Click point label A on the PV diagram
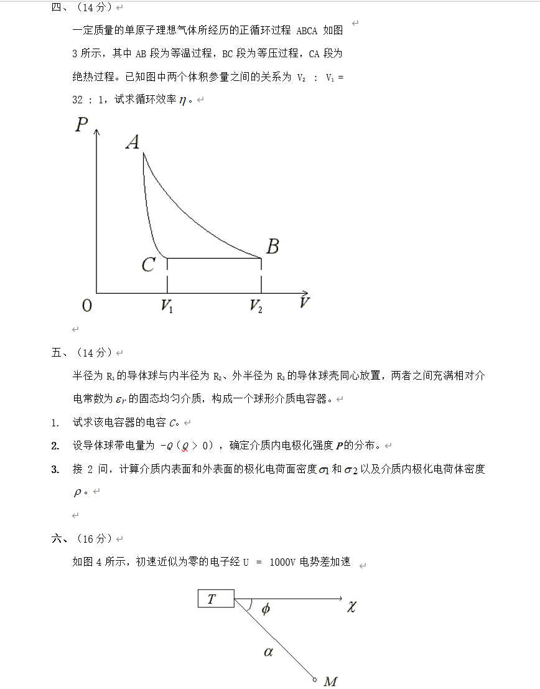[133, 143]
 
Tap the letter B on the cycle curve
[272, 247]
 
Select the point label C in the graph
[148, 265]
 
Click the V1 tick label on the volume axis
[167, 306]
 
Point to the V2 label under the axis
[256, 306]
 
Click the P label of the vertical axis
[81, 125]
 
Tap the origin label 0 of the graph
[87, 306]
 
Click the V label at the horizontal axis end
[304, 303]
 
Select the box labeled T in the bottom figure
[216, 599]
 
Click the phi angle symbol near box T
[266, 609]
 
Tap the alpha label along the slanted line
[268, 652]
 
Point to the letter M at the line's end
[330, 682]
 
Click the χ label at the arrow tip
[351, 606]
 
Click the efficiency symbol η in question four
[182, 100]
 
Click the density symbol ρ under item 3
[78, 492]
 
